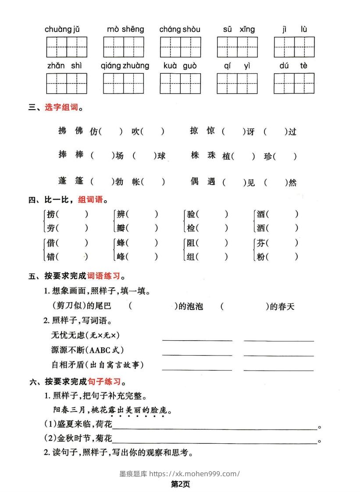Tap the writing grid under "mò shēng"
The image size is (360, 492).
124,47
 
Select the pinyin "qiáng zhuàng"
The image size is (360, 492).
125,66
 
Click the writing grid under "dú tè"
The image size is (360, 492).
294,83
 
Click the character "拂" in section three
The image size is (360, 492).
63,131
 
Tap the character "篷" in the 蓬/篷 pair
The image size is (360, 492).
78,181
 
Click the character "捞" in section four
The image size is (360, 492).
51,214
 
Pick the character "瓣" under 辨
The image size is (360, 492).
121,228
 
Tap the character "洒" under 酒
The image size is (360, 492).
261,228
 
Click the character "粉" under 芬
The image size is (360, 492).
261,257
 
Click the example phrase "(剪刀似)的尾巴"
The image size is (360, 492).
78,307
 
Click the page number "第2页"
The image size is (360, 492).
180,484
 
